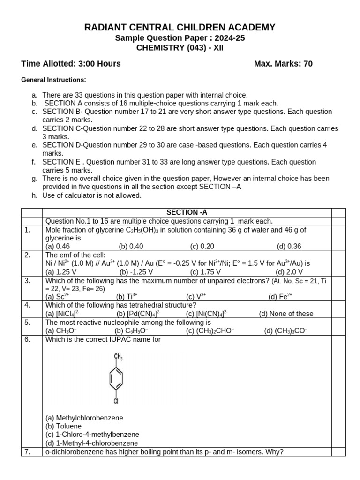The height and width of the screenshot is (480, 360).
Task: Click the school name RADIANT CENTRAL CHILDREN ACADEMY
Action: coord(180,28)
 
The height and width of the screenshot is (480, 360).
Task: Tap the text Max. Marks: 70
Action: coord(283,64)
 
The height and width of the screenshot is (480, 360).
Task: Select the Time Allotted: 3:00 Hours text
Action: coord(71,64)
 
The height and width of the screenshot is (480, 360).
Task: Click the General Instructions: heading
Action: coord(53,80)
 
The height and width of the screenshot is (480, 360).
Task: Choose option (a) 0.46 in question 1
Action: coord(58,246)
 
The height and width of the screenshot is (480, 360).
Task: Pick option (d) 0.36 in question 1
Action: coord(289,246)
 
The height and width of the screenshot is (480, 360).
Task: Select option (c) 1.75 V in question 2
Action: coord(205,271)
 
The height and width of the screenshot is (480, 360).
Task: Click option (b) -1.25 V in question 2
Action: coord(136,271)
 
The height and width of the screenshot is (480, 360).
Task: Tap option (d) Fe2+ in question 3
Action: coord(280,297)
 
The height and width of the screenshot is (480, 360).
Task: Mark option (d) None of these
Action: coord(286,314)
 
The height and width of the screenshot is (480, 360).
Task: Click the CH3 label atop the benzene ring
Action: coord(118,357)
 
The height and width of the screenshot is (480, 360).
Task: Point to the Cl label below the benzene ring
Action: coord(116,401)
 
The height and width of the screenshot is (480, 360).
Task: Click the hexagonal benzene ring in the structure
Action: coord(116,379)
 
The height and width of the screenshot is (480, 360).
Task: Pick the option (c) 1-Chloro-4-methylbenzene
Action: coord(92,435)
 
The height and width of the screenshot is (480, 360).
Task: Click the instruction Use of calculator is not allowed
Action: coord(91,195)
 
